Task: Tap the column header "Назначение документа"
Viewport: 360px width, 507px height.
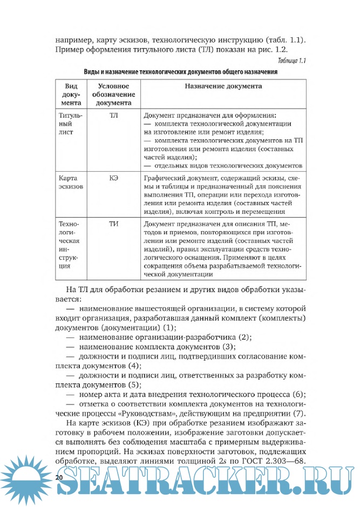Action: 223,86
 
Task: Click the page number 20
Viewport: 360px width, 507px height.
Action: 59,477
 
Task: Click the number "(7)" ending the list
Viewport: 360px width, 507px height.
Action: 300,413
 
